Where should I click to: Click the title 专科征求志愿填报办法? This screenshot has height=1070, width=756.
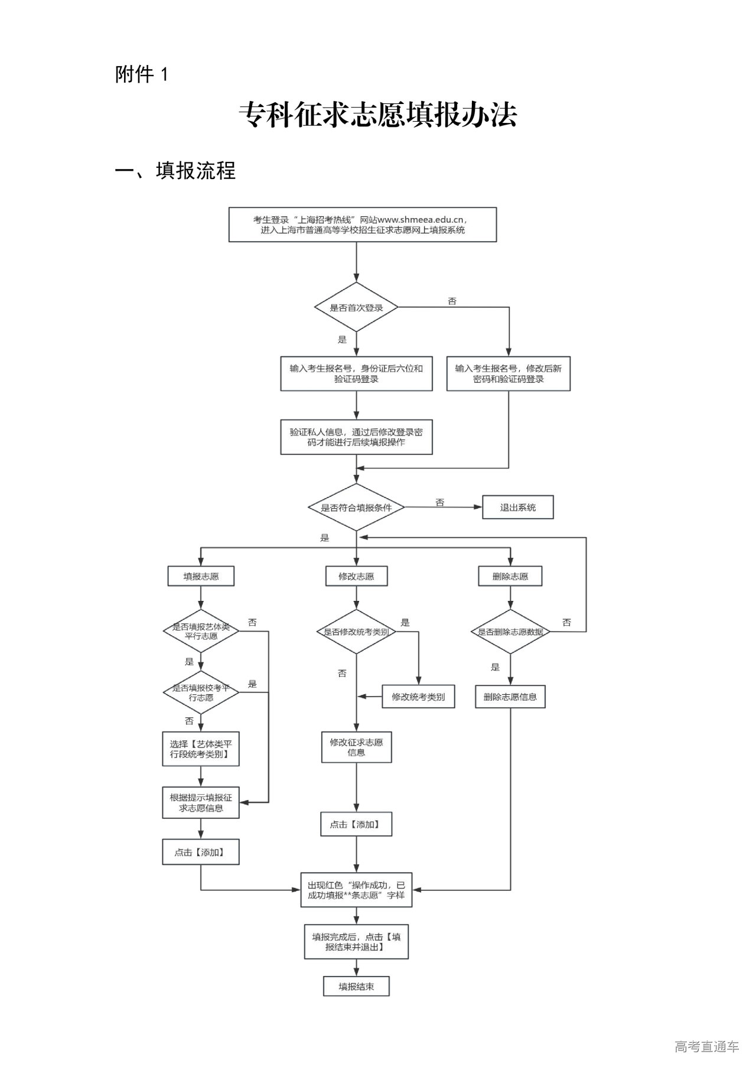tap(378, 115)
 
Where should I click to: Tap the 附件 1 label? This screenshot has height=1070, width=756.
tap(142, 74)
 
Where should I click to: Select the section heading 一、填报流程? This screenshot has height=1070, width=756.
tap(175, 171)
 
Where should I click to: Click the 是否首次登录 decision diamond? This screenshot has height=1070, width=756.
tap(356, 308)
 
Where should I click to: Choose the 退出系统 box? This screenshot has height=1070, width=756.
tap(517, 508)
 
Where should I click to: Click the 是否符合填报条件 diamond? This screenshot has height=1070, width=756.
tap(356, 508)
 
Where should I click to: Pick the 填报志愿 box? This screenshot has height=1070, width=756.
tap(201, 576)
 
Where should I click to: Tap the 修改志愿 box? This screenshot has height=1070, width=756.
tap(356, 576)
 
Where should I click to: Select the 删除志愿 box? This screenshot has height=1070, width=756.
tap(510, 576)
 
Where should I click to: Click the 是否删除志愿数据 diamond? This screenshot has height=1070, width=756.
tap(510, 632)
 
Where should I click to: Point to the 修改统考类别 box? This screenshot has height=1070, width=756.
tap(418, 697)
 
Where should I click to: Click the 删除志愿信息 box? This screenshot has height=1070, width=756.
tap(510, 697)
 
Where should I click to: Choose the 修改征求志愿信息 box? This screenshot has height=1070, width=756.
tap(356, 747)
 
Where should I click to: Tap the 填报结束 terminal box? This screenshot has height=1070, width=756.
tap(356, 986)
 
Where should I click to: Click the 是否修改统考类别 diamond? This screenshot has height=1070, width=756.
tap(356, 632)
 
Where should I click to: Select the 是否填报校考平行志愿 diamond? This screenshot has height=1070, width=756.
tap(201, 692)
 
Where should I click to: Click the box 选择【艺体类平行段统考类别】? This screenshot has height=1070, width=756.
tap(201, 749)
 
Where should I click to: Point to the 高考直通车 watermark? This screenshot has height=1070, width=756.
tap(706, 1047)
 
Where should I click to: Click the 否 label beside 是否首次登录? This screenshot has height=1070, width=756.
tap(452, 301)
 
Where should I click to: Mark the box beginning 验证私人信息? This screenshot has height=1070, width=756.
tap(356, 437)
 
